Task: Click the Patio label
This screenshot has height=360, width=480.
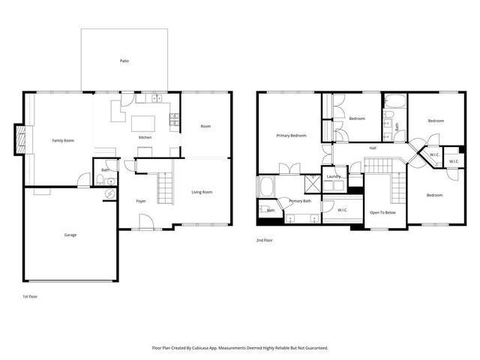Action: coord(124,61)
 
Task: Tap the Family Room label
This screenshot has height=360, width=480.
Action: coord(62,140)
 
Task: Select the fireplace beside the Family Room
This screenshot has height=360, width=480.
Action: coord(22,139)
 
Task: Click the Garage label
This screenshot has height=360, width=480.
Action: coord(70,235)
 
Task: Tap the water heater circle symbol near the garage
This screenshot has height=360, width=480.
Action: coord(109,193)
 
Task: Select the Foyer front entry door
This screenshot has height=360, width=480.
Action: coord(146,221)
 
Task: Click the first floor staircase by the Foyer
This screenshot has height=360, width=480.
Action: coord(164,184)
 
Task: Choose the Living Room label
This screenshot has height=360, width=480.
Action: coord(202,192)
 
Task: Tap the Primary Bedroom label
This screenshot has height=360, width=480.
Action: coord(291,136)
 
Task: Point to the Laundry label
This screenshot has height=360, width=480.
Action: coord(334,177)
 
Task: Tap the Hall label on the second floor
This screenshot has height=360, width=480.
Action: coord(373,148)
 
